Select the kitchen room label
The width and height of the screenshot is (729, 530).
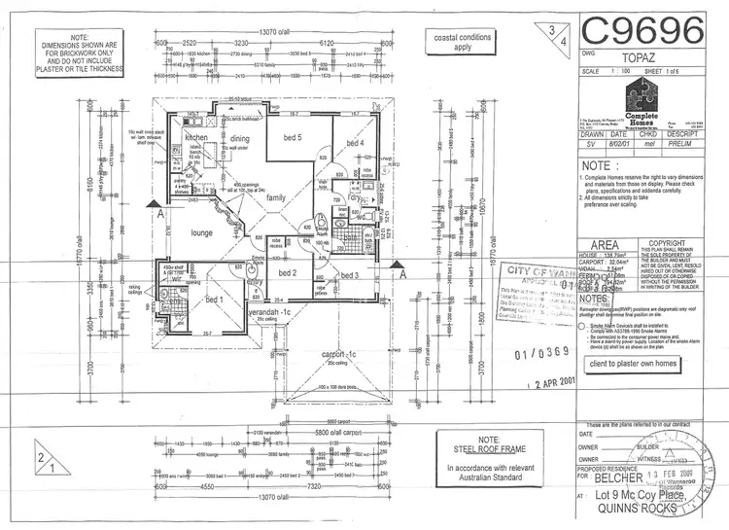(197, 139)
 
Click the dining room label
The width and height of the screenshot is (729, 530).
(240, 139)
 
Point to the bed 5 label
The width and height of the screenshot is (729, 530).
(292, 138)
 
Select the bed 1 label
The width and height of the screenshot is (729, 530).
(215, 300)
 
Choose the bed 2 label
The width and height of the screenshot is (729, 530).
(287, 273)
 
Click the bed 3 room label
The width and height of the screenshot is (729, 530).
(351, 275)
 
